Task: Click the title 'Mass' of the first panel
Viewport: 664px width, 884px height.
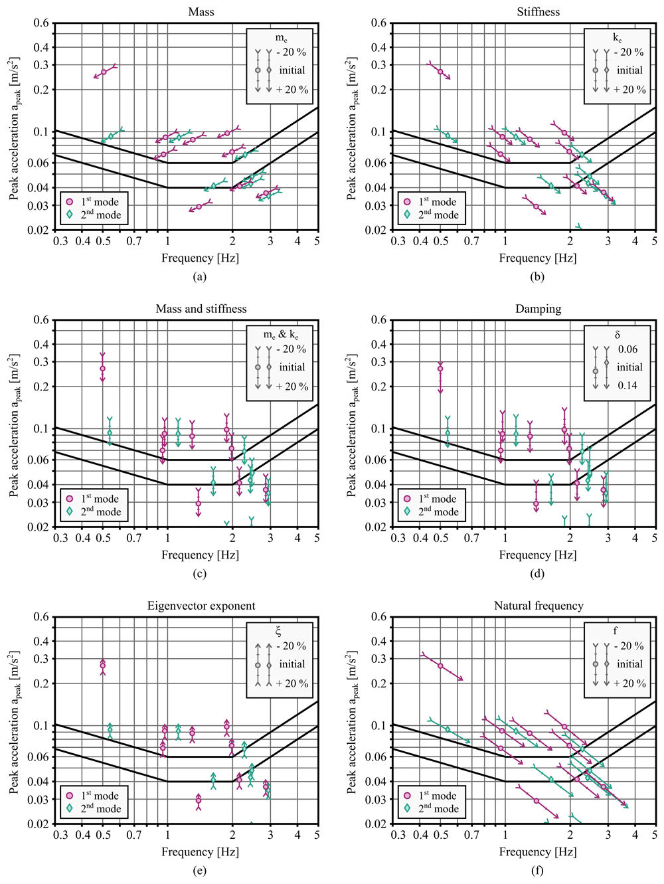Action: click(x=201, y=12)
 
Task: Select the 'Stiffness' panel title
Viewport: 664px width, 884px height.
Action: click(x=538, y=12)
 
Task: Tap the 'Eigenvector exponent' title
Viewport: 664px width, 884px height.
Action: click(x=201, y=606)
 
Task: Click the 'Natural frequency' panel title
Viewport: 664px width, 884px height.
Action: click(x=538, y=606)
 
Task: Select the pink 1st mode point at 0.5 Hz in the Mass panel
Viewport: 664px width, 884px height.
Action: click(x=104, y=72)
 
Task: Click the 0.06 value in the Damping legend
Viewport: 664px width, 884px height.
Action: click(x=627, y=349)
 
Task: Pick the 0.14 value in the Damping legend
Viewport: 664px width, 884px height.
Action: click(x=627, y=386)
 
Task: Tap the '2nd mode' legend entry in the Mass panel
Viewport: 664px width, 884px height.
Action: click(x=101, y=215)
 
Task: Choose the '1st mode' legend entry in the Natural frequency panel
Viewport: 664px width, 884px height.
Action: click(x=437, y=796)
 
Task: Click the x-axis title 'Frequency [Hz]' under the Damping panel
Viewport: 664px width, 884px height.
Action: click(x=537, y=555)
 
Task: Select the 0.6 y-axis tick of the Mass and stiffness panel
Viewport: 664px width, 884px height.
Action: click(x=42, y=320)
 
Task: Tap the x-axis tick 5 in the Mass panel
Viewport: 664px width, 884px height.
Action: click(x=317, y=241)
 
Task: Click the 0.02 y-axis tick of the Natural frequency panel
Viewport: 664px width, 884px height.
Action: click(x=378, y=824)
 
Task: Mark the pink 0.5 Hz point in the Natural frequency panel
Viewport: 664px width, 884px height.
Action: click(x=440, y=665)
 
